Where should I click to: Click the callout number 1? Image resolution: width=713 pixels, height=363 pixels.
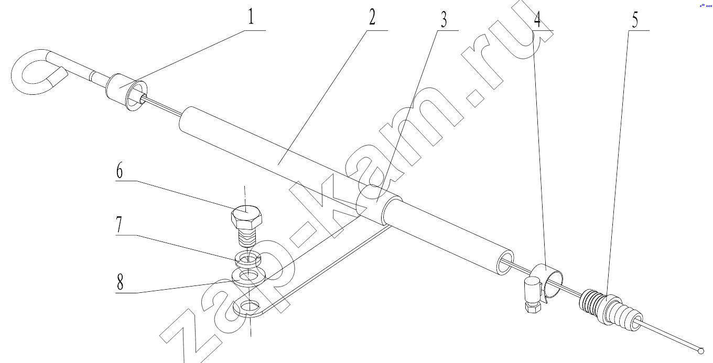[x=251, y=17]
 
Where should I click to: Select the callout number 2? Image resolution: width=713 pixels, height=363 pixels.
[x=372, y=17]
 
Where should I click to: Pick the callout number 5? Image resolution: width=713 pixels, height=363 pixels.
[x=635, y=19]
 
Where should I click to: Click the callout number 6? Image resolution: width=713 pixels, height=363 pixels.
[x=120, y=171]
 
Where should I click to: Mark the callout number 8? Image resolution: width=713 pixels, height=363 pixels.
[x=120, y=282]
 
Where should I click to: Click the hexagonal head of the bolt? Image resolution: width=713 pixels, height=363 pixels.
[x=246, y=217]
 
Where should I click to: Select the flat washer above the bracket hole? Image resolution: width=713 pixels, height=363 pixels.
[x=249, y=276]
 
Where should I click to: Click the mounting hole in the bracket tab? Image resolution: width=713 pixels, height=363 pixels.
[x=250, y=306]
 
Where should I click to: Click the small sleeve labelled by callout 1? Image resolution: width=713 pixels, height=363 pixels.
[x=126, y=92]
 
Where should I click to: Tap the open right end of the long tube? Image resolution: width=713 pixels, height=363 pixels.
[x=505, y=262]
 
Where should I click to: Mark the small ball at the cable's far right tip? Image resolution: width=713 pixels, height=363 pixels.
[x=701, y=351]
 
